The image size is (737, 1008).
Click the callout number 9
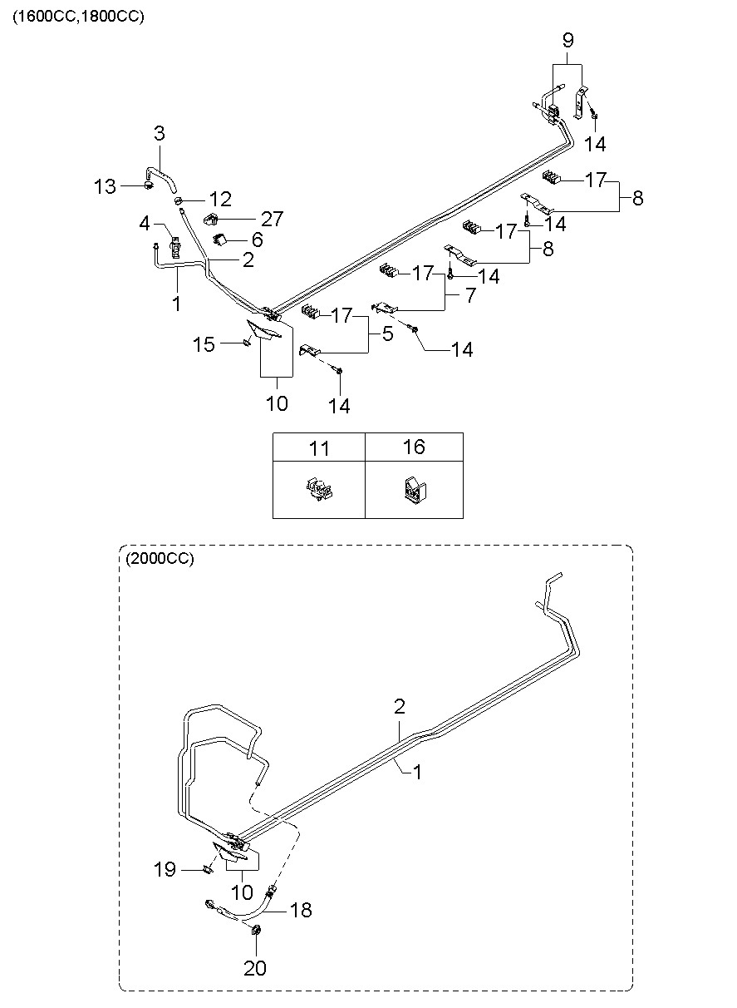(567, 40)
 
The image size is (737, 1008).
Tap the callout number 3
(159, 133)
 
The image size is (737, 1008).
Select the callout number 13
(106, 186)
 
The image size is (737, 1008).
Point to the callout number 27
(272, 219)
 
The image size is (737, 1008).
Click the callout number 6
(258, 240)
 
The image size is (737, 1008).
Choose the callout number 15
(204, 343)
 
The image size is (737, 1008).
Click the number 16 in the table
(414, 447)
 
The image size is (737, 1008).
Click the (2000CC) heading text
(159, 559)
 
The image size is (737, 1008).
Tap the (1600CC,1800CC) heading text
(78, 16)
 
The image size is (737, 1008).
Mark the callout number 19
(165, 870)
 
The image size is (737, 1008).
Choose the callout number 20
(255, 967)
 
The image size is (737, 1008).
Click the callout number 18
(301, 910)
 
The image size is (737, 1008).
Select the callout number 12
(220, 200)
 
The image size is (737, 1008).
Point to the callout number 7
(469, 296)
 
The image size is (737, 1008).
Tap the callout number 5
(386, 334)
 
